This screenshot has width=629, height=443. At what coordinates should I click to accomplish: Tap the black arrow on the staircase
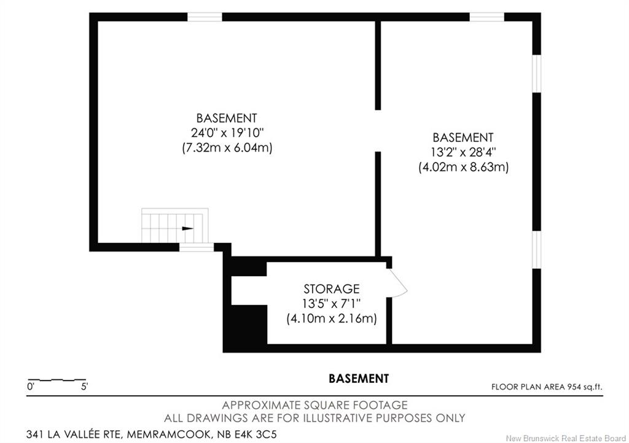(188, 229)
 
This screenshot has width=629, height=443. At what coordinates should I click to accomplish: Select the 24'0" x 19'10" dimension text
(227, 133)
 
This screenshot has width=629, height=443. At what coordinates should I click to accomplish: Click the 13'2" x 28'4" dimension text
(463, 152)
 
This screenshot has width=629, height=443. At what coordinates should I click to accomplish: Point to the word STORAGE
(331, 289)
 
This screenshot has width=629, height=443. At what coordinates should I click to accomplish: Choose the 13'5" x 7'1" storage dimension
(331, 304)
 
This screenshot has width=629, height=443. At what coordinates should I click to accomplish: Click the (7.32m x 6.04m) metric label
(227, 148)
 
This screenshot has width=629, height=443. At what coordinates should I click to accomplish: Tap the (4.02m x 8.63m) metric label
(463, 167)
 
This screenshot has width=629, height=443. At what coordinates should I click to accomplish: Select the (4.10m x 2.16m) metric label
(331, 319)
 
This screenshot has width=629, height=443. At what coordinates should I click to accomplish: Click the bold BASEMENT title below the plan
(359, 379)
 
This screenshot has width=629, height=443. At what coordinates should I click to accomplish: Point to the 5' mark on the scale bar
(85, 387)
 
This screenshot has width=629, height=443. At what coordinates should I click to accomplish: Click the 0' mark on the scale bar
(31, 387)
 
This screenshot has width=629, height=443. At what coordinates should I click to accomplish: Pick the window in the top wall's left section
(205, 17)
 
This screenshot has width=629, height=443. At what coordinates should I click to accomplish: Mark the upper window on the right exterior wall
(536, 74)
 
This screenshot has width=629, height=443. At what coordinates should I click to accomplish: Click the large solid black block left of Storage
(244, 325)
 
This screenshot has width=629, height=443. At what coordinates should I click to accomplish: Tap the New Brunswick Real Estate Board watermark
(566, 438)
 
